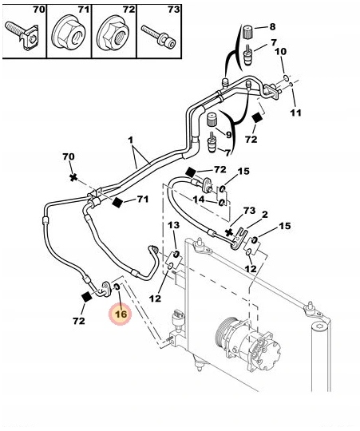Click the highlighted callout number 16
[121, 314]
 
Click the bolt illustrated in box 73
[158, 37]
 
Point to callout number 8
[272, 26]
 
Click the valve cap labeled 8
[248, 31]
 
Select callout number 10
[280, 51]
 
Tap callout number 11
[295, 113]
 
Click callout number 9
[228, 135]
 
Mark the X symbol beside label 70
[73, 177]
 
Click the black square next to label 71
[117, 202]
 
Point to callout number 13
[174, 225]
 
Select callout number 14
[199, 200]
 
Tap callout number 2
[265, 215]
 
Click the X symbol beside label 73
[228, 232]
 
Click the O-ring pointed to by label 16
[117, 287]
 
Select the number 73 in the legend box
[173, 10]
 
